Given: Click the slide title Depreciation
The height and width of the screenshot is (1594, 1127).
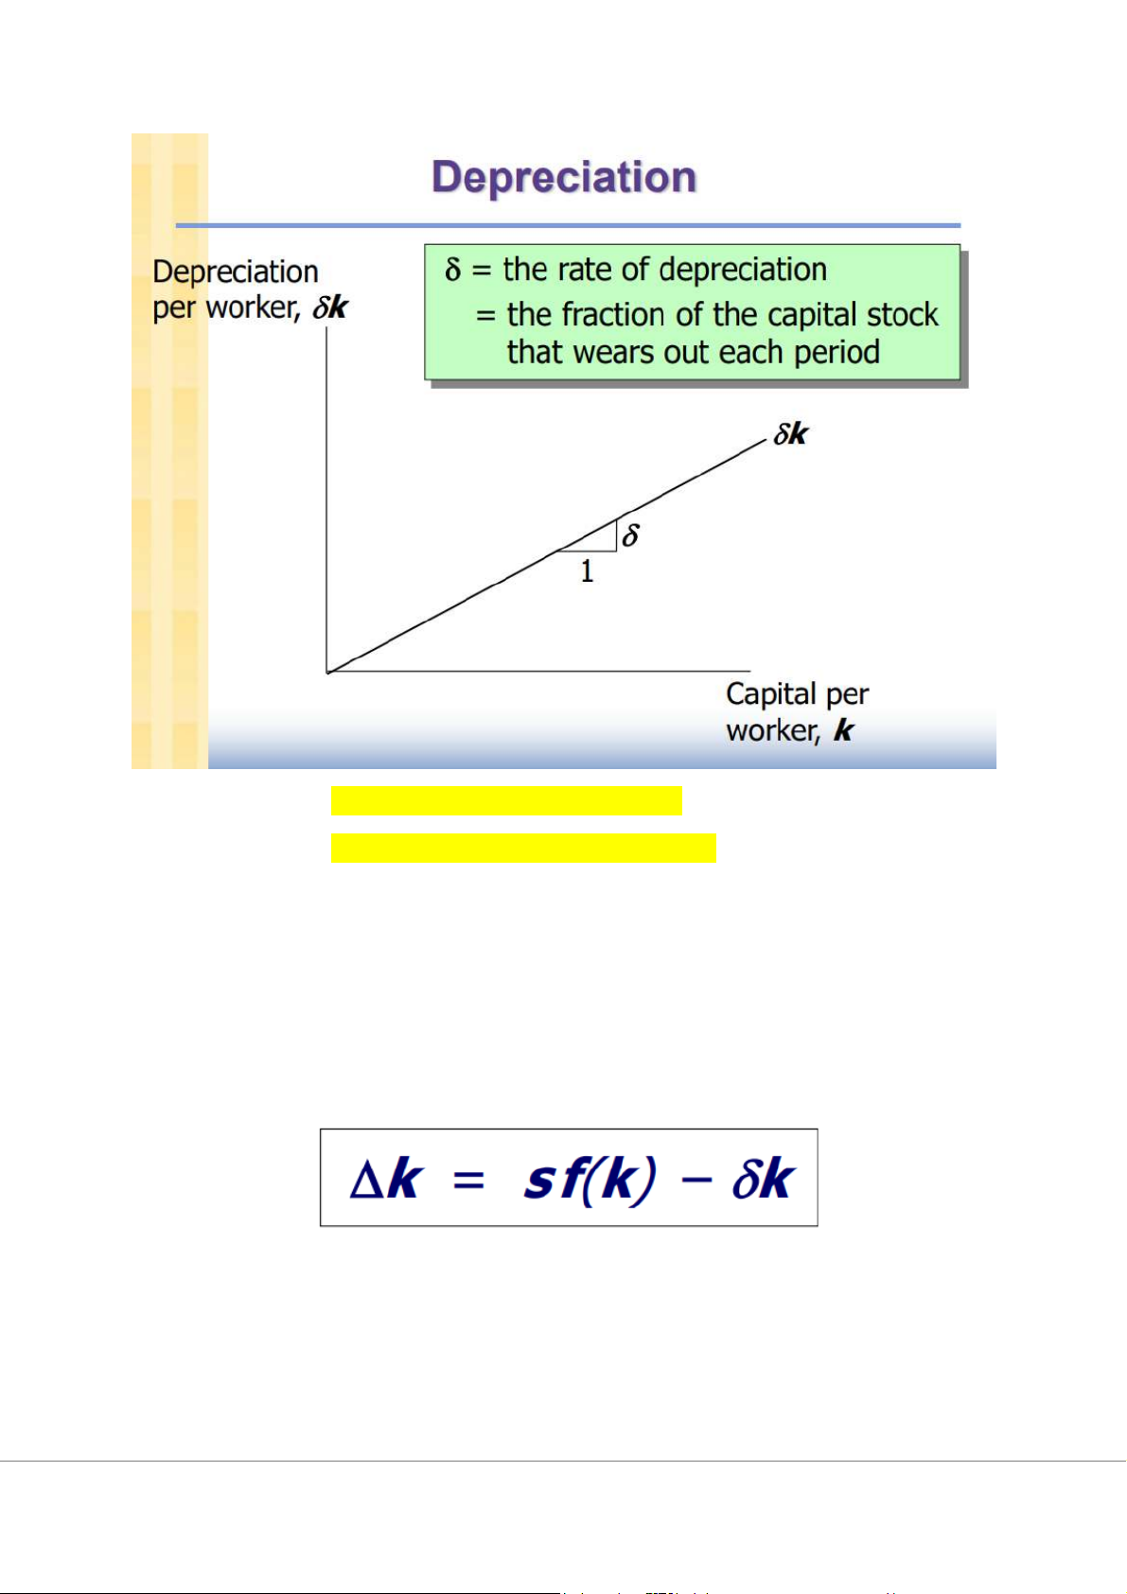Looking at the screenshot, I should (564, 178).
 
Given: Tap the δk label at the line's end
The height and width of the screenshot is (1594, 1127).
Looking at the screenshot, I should (791, 434).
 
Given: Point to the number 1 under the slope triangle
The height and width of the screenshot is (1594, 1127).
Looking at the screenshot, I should (587, 571).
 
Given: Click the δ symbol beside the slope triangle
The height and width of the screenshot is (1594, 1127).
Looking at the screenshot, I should (630, 535).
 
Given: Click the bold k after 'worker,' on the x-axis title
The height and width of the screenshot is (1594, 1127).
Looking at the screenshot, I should (843, 730).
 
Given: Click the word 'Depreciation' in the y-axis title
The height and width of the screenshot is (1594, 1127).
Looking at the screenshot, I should (235, 272).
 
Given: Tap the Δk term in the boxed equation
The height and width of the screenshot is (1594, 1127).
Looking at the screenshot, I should (385, 1180).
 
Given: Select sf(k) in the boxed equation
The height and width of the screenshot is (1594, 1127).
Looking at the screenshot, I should (589, 1180).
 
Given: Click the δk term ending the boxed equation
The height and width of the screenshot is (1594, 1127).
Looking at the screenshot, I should (762, 1180).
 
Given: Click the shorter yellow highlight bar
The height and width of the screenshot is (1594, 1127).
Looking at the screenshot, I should (506, 800).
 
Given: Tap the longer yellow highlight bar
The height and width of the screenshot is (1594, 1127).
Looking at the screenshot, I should (523, 848).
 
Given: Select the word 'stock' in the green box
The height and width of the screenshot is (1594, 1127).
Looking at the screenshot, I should (907, 314).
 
